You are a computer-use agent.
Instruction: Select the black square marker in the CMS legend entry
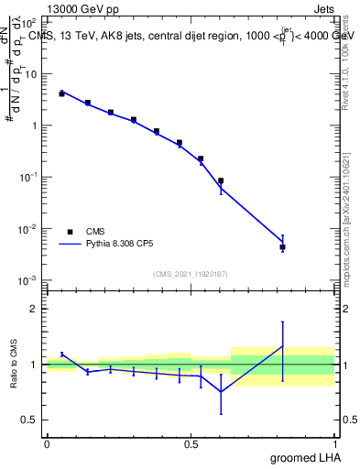point(69,232)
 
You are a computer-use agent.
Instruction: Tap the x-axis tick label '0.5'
point(191,444)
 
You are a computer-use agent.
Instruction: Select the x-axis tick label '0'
point(47,444)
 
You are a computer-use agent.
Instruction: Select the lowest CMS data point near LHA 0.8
point(282,247)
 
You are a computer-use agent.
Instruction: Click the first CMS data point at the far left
point(61,93)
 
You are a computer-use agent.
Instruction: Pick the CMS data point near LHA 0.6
point(221,181)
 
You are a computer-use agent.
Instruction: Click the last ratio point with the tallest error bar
point(282,346)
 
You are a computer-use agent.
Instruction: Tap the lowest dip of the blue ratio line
point(221,392)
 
